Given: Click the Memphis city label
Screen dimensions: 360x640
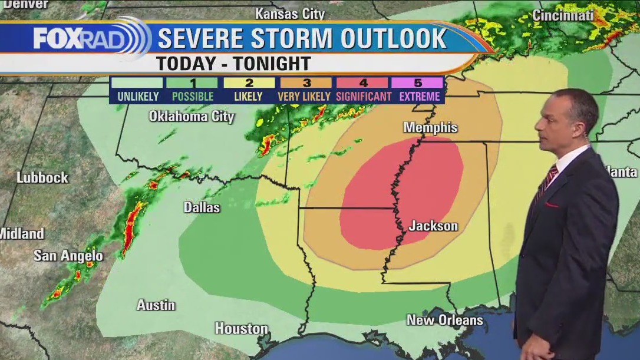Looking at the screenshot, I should pos(430,128).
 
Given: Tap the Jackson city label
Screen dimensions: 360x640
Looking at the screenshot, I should pos(433,226).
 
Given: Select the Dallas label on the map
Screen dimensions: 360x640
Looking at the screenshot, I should pos(202,207).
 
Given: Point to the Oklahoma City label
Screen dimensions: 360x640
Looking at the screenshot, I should pos(192,117).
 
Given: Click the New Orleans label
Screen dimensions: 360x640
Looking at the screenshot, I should pos(445,321).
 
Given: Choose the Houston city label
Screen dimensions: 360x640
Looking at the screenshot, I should pos(241,328).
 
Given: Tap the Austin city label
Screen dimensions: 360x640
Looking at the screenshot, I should pos(156,305).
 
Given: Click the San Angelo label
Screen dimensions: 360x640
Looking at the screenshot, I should pos(68,256).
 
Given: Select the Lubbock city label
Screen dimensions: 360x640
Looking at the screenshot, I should pos(42,177).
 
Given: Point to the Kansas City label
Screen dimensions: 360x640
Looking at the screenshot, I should pos(289,13).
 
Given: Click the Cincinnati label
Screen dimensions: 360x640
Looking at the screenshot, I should pos(563,16).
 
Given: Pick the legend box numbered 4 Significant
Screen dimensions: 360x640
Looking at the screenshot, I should pos(363,90).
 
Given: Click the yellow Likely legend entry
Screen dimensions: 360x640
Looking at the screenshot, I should pos(248,90).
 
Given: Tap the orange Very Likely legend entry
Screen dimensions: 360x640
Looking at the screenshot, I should pos(305,90).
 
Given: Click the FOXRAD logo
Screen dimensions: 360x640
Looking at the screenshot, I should pos(88,38).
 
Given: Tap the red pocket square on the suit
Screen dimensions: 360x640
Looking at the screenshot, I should pos(552,205).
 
